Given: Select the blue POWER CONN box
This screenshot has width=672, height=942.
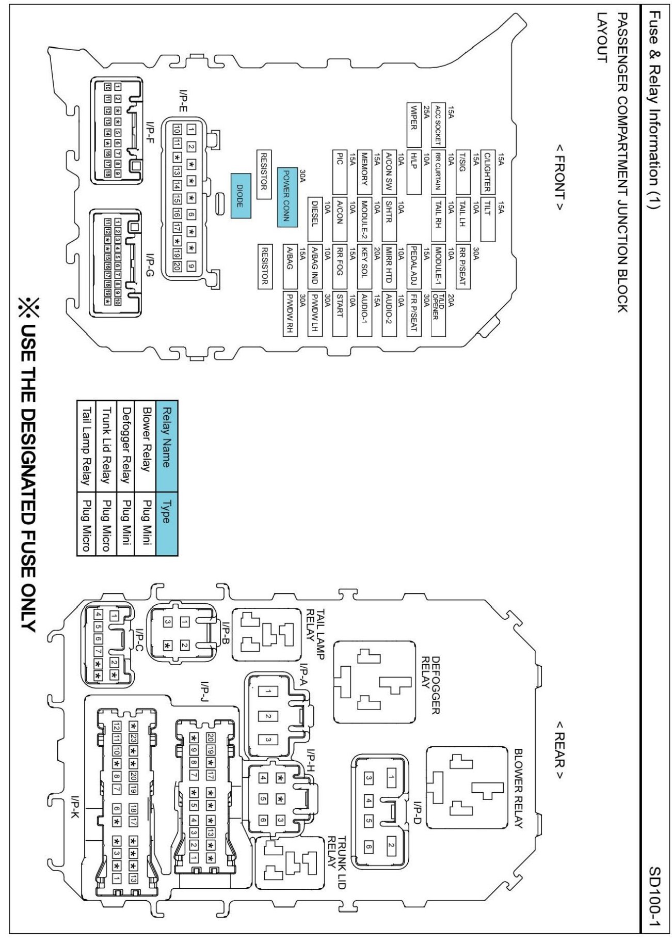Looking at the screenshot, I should tap(287, 197).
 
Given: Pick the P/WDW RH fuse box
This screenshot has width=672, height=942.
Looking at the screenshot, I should tap(290, 314).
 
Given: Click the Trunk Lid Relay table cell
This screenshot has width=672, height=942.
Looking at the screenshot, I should tap(106, 445).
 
